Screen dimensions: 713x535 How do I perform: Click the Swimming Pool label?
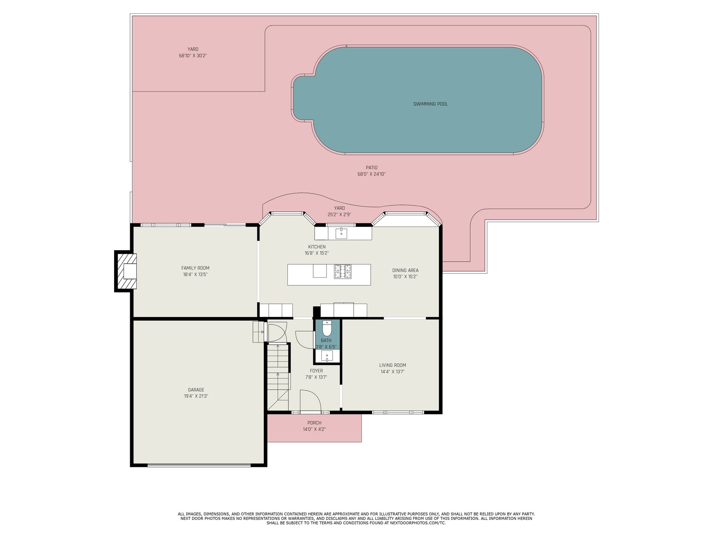430,104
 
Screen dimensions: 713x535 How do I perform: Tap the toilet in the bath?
326,328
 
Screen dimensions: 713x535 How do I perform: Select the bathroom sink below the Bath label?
327,356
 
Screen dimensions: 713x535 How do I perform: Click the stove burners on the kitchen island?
343,272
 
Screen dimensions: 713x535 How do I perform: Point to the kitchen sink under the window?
341,233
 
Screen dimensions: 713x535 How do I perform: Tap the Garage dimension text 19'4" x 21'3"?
196,396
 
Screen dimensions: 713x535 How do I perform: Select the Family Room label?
195,268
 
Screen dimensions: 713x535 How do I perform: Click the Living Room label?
393,365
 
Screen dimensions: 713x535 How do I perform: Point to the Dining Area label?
405,270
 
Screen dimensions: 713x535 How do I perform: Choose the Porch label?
314,423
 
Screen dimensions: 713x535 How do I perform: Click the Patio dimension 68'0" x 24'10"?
372,174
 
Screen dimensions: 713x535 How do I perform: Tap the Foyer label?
316,371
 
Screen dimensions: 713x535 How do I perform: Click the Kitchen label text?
317,247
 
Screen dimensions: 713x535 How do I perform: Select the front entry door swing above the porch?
311,401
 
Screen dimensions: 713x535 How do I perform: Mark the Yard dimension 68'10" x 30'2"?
193,56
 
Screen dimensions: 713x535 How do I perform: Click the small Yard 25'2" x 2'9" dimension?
339,215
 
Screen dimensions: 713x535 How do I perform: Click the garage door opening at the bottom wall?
199,465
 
